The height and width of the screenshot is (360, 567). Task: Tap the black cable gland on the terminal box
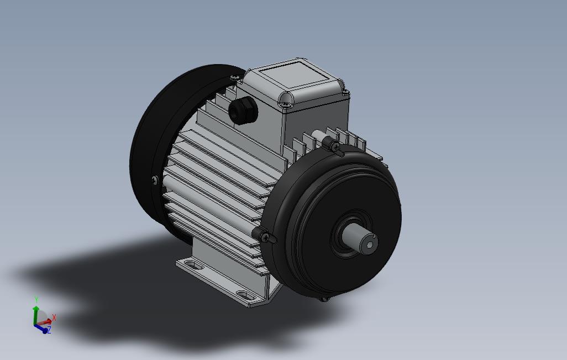243,110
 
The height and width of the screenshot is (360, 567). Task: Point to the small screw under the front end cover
324,299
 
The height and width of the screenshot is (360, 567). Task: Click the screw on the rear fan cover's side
154,179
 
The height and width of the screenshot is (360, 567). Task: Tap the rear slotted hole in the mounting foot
191,264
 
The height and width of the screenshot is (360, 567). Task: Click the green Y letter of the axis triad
36,300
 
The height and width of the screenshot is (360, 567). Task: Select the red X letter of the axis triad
54,318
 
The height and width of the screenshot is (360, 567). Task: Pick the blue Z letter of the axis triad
49,330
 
